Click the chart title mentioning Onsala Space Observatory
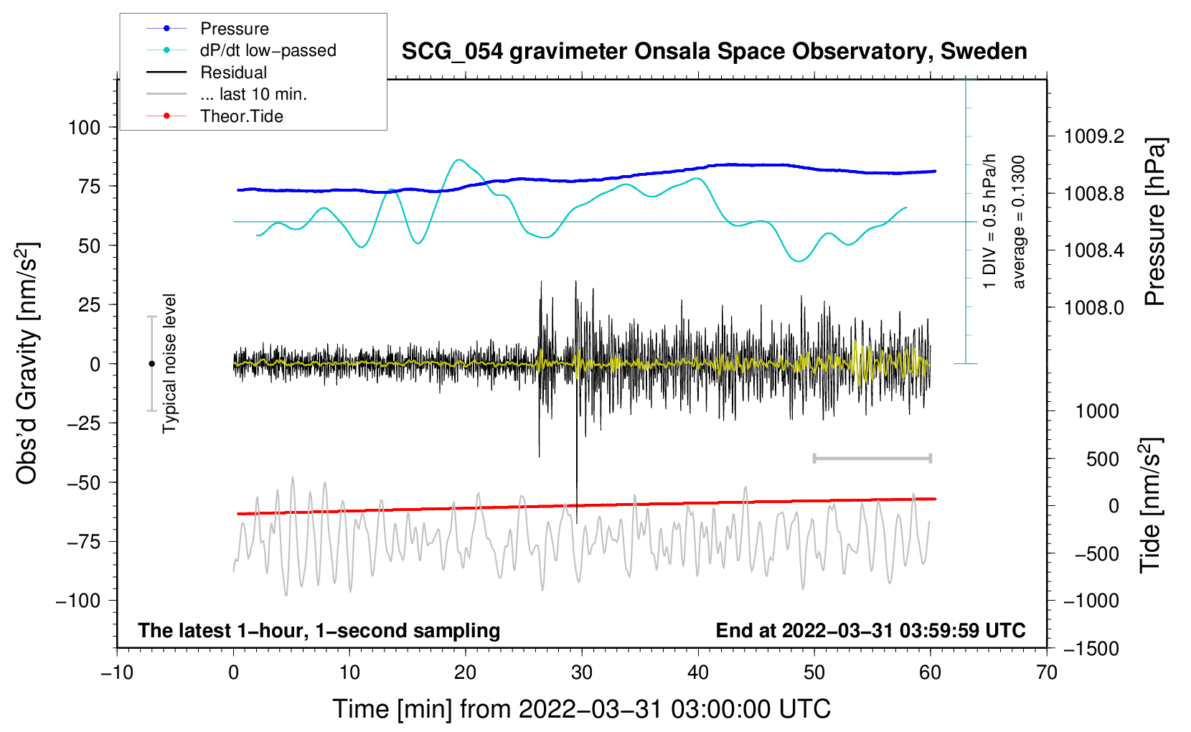tap(714, 52)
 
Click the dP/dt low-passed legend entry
tap(268, 50)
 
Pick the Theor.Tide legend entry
tap(241, 116)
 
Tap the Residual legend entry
tap(233, 72)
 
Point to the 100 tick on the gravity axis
tap(84, 128)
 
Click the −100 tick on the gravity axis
tap(78, 601)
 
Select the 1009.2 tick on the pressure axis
tap(1093, 136)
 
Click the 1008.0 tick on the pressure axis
tap(1093, 308)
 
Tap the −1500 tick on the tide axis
tap(1091, 649)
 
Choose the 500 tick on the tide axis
tap(1102, 459)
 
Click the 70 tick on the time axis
tap(1047, 673)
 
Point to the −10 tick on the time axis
tap(117, 673)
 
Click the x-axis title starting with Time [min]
tap(581, 709)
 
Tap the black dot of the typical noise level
tap(151, 364)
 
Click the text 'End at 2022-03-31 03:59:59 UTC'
tap(870, 631)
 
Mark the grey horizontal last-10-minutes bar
tap(872, 458)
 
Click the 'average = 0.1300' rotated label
tap(1019, 222)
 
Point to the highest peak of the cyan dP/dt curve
tap(459, 160)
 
